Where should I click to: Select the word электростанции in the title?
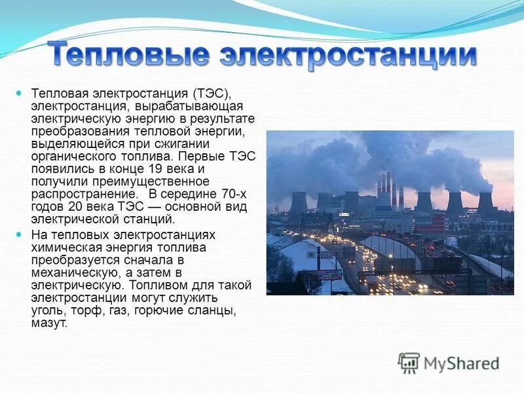click(x=348, y=54)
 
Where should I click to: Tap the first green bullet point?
click(x=19, y=94)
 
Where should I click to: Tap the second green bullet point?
click(x=19, y=234)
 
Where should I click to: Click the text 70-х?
click(x=235, y=194)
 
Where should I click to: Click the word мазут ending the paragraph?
click(x=48, y=324)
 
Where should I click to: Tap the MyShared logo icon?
click(x=409, y=363)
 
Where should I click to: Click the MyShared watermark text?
click(x=461, y=364)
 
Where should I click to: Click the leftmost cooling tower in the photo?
click(x=298, y=204)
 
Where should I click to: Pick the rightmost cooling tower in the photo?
click(x=485, y=202)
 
